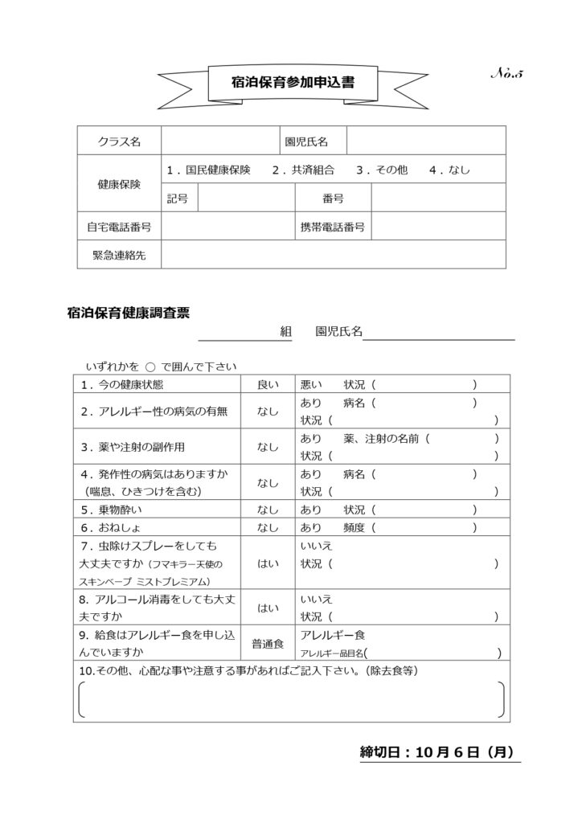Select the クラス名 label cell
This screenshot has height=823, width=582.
119,141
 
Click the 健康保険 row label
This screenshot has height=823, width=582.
119,184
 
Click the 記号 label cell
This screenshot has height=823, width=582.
178,198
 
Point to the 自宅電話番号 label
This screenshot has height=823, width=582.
119,227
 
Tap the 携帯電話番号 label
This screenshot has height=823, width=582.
330,227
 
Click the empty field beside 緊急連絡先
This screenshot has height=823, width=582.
333,254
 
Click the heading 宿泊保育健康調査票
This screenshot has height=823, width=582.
129,313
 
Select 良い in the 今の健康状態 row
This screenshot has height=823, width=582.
268,384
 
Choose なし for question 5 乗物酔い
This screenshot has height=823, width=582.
268,510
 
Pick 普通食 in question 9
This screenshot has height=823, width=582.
268,643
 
